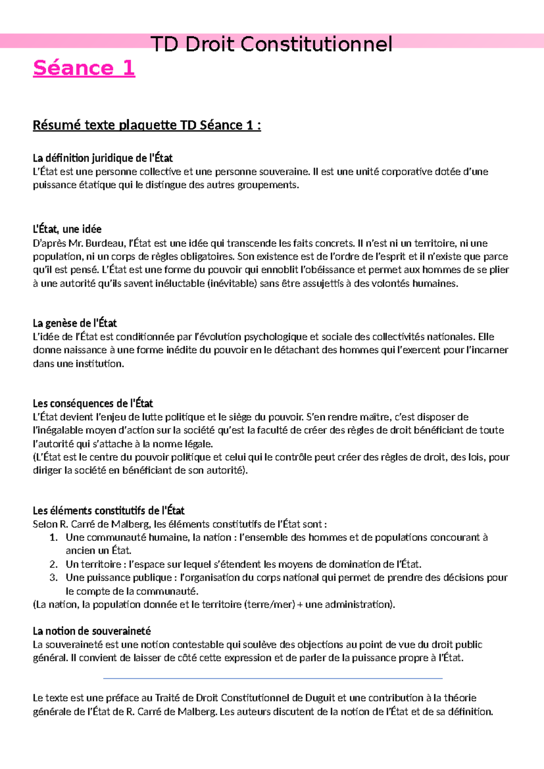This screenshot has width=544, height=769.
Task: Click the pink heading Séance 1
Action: (x=84, y=68)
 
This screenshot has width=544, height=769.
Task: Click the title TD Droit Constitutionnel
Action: (x=271, y=44)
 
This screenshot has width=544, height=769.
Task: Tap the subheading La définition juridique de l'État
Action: (x=102, y=158)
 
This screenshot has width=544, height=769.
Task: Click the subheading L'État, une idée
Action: (x=67, y=229)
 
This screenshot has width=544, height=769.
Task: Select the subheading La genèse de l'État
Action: (x=75, y=323)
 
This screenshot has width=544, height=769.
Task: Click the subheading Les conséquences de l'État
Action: (x=93, y=403)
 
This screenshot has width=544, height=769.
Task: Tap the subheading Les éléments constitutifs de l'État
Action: (x=108, y=511)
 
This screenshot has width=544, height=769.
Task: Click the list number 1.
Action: (x=53, y=537)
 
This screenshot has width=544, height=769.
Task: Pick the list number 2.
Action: (x=53, y=564)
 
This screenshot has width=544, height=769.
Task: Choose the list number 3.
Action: (x=53, y=578)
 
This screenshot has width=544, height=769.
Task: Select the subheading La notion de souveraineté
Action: (x=92, y=631)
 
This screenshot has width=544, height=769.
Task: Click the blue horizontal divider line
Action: (x=272, y=678)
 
